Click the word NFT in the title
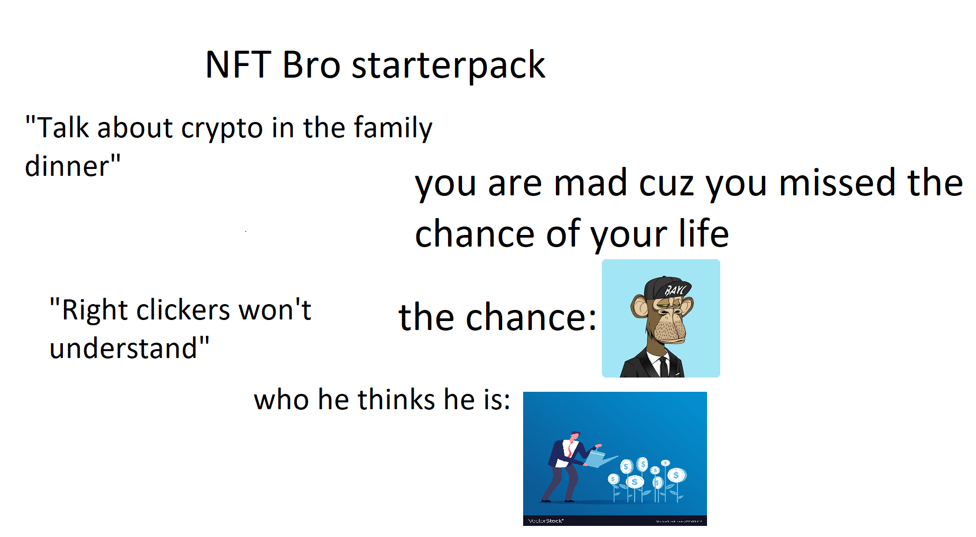click(x=238, y=65)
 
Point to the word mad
click(x=590, y=184)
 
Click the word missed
click(x=839, y=183)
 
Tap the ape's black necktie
click(x=664, y=366)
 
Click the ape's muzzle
click(x=670, y=328)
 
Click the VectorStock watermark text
click(x=546, y=521)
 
